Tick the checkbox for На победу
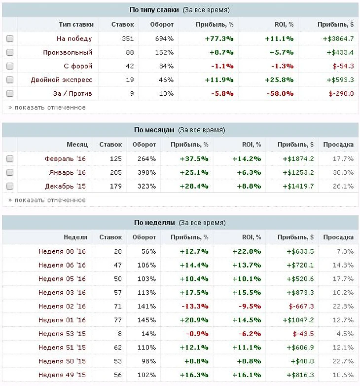pos(10,39)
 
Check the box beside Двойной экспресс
pos(10,80)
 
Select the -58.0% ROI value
pos(280,93)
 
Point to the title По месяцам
pos(154,130)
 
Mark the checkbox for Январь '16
pos(10,173)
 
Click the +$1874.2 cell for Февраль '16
pos(298,159)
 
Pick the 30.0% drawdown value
pos(343,173)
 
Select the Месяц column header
pos(77,144)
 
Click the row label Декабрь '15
pos(65,186)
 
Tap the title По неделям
pos(154,223)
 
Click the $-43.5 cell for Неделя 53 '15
pos(303,334)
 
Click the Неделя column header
pos(75,237)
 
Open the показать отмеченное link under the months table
pos(50,200)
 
